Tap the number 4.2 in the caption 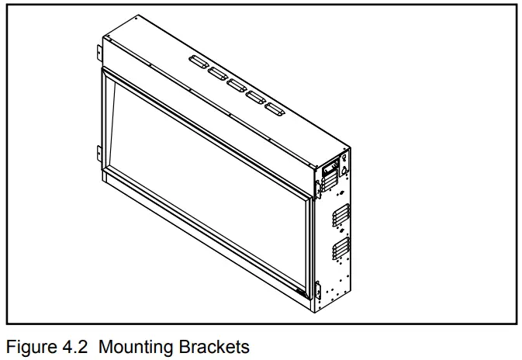[71, 346]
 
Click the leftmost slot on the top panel [194, 59]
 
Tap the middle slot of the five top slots [237, 82]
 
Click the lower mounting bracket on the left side [99, 151]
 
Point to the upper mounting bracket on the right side [319, 186]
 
